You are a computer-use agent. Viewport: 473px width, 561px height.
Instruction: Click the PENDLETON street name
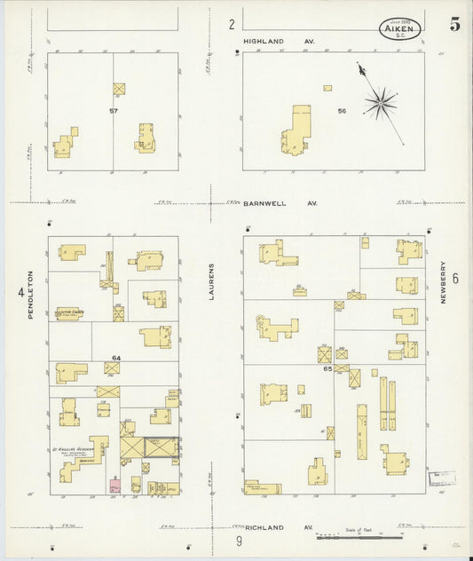point(29,295)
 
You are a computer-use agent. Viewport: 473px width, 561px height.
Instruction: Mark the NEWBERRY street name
point(443,282)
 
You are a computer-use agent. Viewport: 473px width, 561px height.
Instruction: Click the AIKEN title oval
point(402,28)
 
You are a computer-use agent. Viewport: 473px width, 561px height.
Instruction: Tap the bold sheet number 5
point(454,24)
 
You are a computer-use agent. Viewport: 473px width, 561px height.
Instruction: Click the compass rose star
point(380,103)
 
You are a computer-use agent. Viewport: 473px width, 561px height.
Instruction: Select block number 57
point(113,110)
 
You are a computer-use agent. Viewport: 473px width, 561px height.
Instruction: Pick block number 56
point(341,111)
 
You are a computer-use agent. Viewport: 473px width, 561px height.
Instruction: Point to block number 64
point(115,358)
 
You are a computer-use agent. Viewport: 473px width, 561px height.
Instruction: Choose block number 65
point(327,367)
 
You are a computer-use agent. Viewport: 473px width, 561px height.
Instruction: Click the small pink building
point(114,486)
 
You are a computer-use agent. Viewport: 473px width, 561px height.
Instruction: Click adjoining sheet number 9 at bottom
point(239,541)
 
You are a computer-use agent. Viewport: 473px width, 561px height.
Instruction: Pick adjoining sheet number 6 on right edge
point(455,278)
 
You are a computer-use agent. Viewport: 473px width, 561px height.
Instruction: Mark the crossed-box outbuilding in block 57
point(120,89)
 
